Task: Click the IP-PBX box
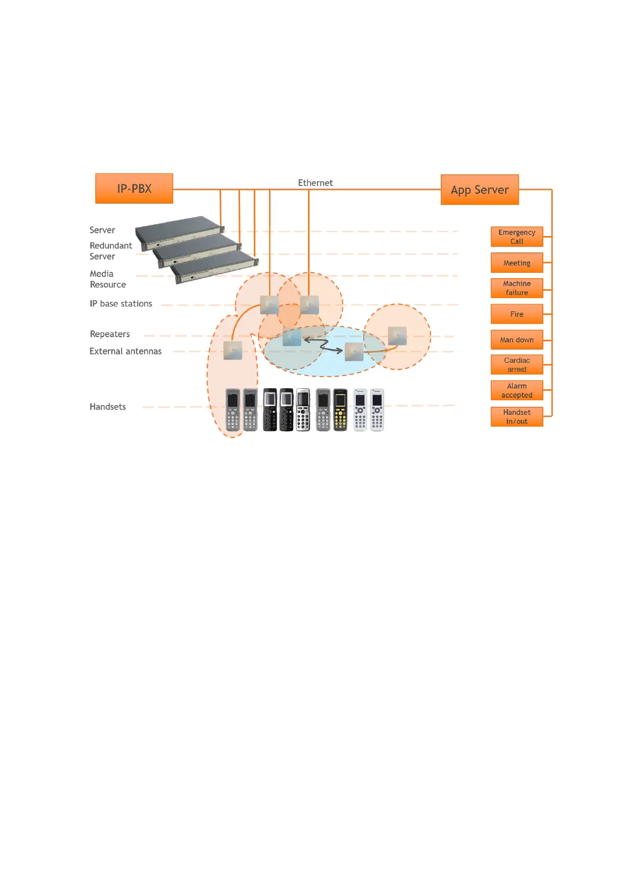point(134,189)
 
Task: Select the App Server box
point(480,190)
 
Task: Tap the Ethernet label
point(315,183)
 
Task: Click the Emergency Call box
point(516,236)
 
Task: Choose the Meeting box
point(516,263)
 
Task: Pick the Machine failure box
point(516,288)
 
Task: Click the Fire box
point(516,314)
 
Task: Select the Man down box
point(516,340)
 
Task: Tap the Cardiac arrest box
point(516,364)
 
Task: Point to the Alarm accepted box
point(516,390)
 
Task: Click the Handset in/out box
point(516,417)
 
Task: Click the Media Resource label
point(107,279)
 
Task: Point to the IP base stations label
point(121,304)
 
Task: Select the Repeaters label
point(110,334)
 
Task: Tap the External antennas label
point(125,351)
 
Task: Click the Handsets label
point(107,407)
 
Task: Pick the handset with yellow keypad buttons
point(341,410)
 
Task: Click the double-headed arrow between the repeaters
point(323,346)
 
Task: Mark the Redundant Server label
point(111,251)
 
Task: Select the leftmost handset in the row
point(233,410)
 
